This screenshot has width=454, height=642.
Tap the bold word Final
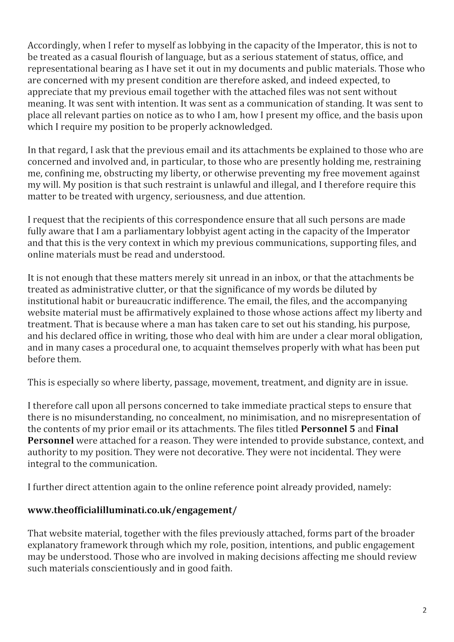pos(387,429)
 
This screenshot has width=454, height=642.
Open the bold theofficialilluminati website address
pos(132,510)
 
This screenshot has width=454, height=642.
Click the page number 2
pos(424,610)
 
